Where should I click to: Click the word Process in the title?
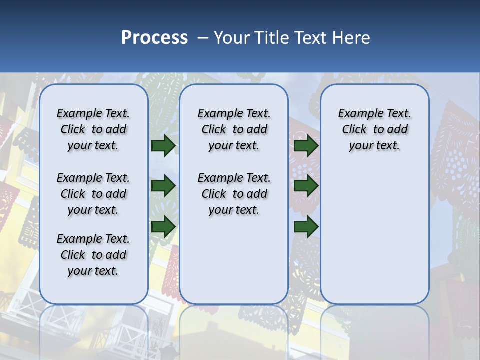154,38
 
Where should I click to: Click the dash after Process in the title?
202,38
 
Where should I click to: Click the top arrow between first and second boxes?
163,146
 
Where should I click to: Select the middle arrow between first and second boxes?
163,186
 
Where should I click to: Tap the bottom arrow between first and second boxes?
163,226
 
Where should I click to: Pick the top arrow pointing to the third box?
306,146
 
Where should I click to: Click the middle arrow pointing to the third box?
306,186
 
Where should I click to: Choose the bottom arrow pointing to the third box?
306,226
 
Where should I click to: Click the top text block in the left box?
93,129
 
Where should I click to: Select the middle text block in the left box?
93,194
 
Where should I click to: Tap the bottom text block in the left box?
93,255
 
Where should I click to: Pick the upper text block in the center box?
234,129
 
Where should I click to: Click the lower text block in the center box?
234,194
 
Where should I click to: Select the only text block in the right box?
374,129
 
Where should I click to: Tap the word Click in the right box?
354,130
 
